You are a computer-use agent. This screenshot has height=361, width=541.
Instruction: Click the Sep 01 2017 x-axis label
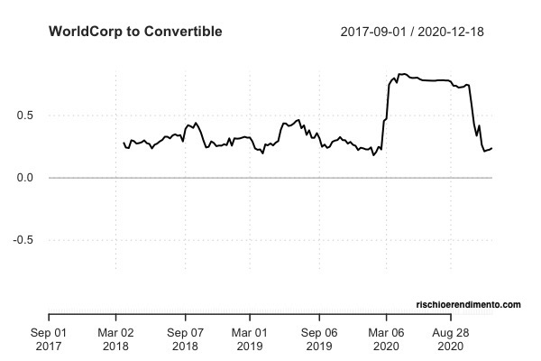pyautogui.click(x=49, y=338)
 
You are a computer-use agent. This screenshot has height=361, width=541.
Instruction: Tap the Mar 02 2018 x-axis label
pyautogui.click(x=115, y=338)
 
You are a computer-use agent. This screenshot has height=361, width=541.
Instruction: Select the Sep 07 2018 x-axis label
pyautogui.click(x=185, y=338)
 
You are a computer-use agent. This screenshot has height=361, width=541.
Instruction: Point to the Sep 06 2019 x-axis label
pyautogui.click(x=318, y=338)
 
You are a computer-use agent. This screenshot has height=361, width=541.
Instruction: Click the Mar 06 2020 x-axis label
pyautogui.click(x=386, y=338)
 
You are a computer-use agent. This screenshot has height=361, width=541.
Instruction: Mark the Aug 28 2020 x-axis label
pyautogui.click(x=452, y=338)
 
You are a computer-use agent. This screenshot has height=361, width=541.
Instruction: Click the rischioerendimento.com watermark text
pyautogui.click(x=468, y=306)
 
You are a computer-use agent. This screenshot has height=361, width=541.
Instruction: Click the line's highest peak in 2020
pyautogui.click(x=401, y=74)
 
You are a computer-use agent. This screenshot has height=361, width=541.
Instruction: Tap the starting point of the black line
pyautogui.click(x=124, y=143)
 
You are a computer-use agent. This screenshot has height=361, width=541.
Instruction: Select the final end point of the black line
pyautogui.click(x=492, y=147)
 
